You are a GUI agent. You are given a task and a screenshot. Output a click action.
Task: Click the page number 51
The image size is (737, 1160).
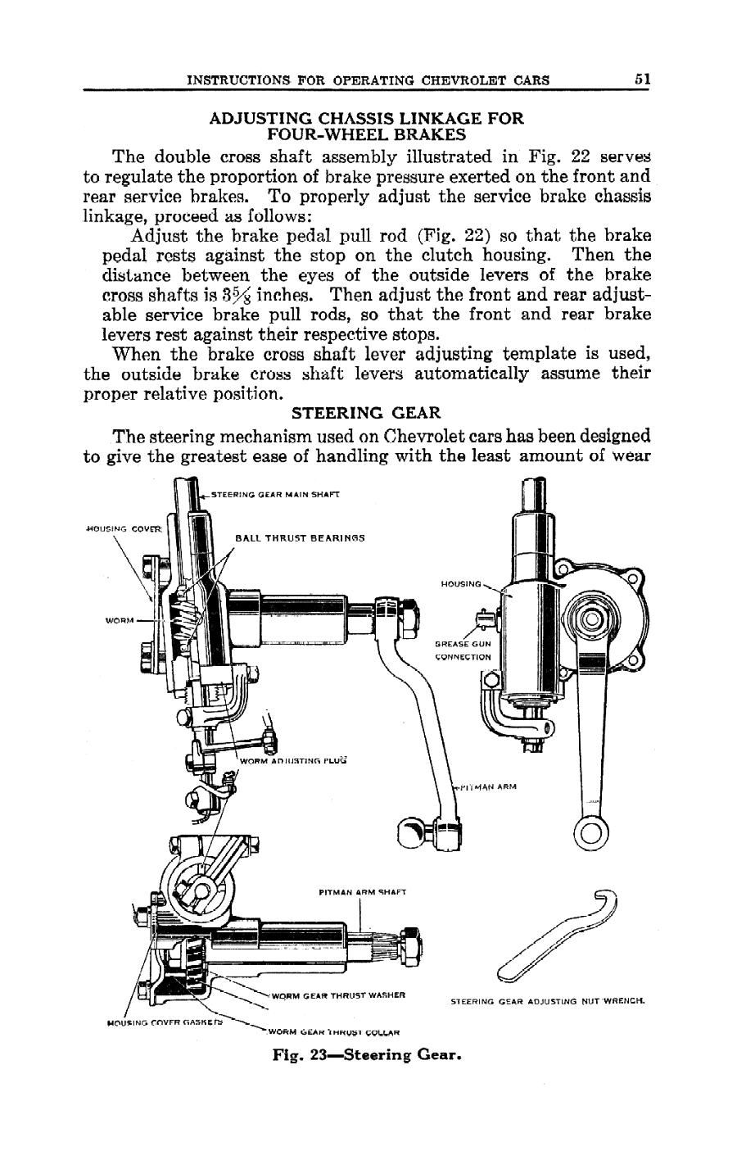pos(641,79)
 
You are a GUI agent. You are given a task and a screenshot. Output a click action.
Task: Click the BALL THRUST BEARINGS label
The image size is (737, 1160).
pos(299,538)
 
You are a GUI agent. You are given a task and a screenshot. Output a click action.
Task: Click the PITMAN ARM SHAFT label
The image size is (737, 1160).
pos(361,891)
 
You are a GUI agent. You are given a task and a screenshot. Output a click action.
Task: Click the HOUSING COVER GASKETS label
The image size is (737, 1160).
pos(166,1022)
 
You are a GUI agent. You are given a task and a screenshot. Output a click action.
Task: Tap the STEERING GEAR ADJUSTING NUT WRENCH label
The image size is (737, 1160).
pos(548,1001)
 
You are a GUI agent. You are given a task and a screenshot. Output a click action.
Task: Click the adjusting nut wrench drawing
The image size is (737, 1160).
pos(557,934)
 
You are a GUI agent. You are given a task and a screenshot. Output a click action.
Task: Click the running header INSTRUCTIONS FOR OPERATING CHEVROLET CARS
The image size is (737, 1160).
pos(368,80)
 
